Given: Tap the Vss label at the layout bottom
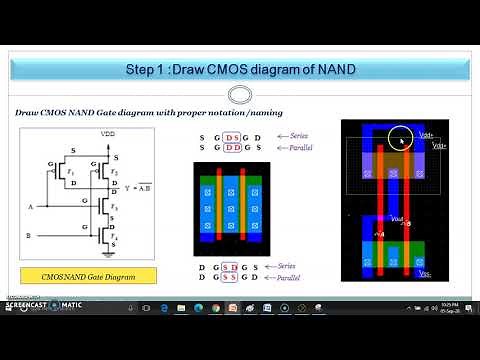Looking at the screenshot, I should point(424,273).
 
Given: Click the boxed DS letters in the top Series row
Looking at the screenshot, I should point(232,136).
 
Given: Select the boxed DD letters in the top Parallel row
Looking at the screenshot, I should point(232,147).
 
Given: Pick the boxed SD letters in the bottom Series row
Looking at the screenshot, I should point(232,266).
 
